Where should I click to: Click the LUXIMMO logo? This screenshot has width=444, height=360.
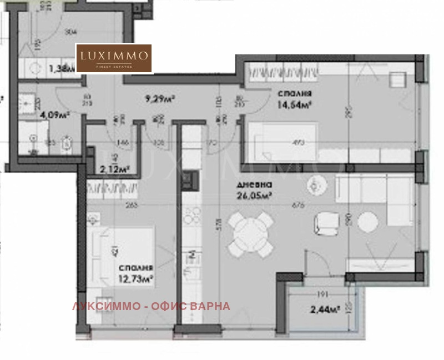point(114,58)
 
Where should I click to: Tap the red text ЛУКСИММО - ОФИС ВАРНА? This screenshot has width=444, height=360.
point(150,306)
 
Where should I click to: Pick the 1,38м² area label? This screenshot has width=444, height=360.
point(60,69)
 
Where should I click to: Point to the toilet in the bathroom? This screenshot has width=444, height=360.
point(65,144)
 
